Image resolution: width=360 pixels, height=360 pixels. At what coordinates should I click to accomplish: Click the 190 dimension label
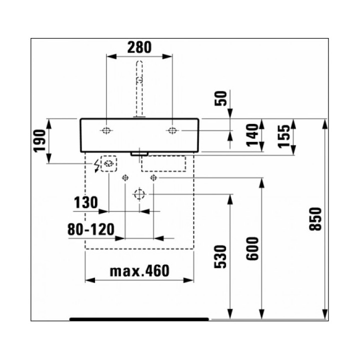40,141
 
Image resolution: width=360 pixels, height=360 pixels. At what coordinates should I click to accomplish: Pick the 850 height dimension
315,219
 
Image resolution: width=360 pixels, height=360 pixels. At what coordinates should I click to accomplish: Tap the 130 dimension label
85,203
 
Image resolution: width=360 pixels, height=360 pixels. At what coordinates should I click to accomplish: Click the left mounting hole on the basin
106,131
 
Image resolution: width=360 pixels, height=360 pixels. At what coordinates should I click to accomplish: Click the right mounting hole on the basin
172,131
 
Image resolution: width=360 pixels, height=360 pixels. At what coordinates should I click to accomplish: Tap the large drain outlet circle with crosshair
139,194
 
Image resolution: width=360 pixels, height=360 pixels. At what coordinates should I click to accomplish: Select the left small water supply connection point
125,177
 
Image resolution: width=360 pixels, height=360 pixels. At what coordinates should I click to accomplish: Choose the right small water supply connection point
154,177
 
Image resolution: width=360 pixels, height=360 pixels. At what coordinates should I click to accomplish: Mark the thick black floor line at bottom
139,318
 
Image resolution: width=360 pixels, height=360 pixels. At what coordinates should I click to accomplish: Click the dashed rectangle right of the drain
163,163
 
